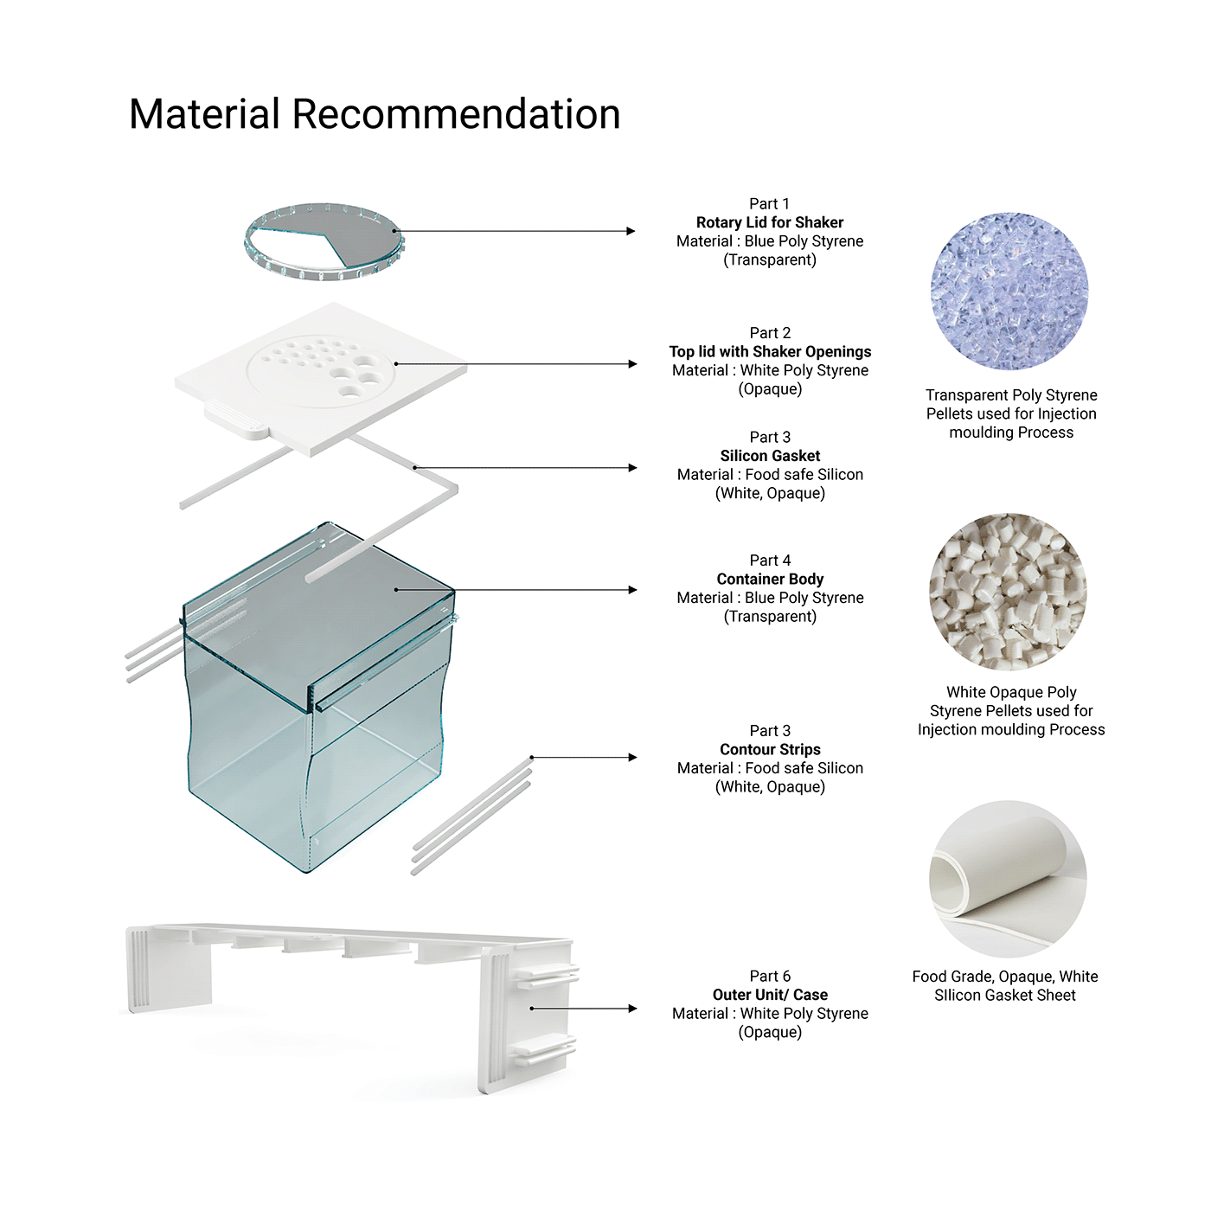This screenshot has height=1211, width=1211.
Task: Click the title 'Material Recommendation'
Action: pos(375,114)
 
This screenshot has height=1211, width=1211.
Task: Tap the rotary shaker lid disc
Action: pos(324,242)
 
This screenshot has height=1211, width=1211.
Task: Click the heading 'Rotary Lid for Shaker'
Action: pos(769,222)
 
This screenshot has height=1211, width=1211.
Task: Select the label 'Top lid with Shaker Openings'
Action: pos(770,351)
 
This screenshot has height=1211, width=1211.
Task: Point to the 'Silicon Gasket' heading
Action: pos(770,456)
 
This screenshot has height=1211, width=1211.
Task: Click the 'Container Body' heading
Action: pos(770,579)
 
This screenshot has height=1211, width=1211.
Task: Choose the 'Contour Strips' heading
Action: pos(770,749)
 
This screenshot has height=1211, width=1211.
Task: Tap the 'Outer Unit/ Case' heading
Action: pos(770,995)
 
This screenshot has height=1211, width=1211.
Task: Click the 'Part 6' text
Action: pos(770,976)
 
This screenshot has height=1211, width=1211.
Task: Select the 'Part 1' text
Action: pos(769,203)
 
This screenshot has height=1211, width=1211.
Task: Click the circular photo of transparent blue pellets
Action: pos(1009,292)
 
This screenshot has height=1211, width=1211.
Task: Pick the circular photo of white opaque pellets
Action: pos(1009,592)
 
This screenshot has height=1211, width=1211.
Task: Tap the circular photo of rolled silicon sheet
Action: pos(1009,879)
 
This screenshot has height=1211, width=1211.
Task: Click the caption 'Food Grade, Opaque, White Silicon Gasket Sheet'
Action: pos(1005,986)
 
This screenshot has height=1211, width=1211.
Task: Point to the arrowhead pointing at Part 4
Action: pos(632,590)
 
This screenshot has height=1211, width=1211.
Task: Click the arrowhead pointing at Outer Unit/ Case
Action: pos(632,1009)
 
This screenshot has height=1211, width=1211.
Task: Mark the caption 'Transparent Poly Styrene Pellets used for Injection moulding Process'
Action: pos(1011,413)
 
